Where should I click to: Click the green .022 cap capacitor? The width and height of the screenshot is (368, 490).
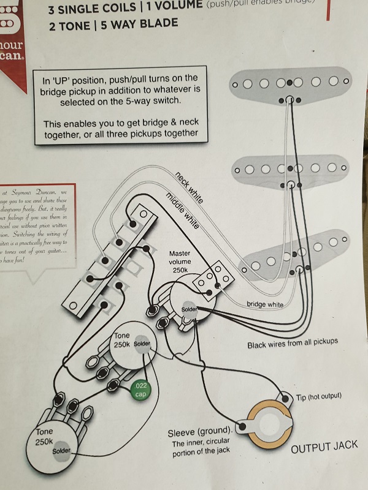click(142, 389)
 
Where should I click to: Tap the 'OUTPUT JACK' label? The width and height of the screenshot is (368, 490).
click(324, 447)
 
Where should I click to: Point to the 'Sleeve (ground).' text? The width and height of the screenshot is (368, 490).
click(201, 433)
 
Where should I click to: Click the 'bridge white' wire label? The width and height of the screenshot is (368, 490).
click(265, 304)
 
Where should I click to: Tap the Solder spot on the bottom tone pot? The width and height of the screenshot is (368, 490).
click(62, 451)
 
